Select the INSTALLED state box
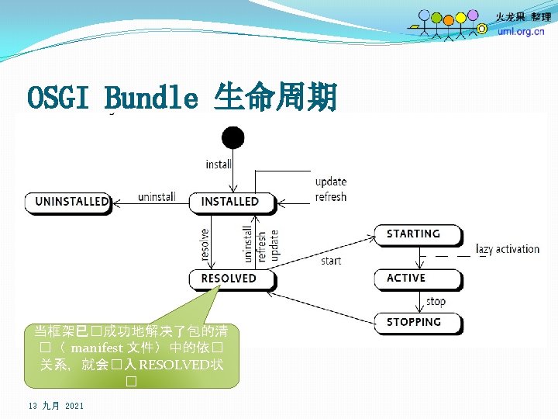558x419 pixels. pyautogui.click(x=230, y=202)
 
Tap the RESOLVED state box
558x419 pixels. pyautogui.click(x=229, y=278)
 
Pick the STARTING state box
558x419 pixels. pyautogui.click(x=414, y=234)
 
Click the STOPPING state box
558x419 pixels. pyautogui.click(x=414, y=322)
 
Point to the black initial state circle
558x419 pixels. pyautogui.click(x=232, y=139)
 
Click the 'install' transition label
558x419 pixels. pyautogui.click(x=219, y=164)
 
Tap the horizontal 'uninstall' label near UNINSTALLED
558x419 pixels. pyautogui.click(x=157, y=197)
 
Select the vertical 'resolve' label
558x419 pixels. pyautogui.click(x=205, y=244)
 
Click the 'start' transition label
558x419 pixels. pyautogui.click(x=331, y=261)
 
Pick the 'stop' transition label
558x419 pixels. pyautogui.click(x=436, y=301)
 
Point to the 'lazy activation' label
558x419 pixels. pyautogui.click(x=508, y=249)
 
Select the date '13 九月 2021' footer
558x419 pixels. pyautogui.click(x=56, y=406)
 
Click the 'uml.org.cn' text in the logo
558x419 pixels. pyautogui.click(x=521, y=32)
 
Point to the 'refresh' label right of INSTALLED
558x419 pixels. pyautogui.click(x=331, y=197)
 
